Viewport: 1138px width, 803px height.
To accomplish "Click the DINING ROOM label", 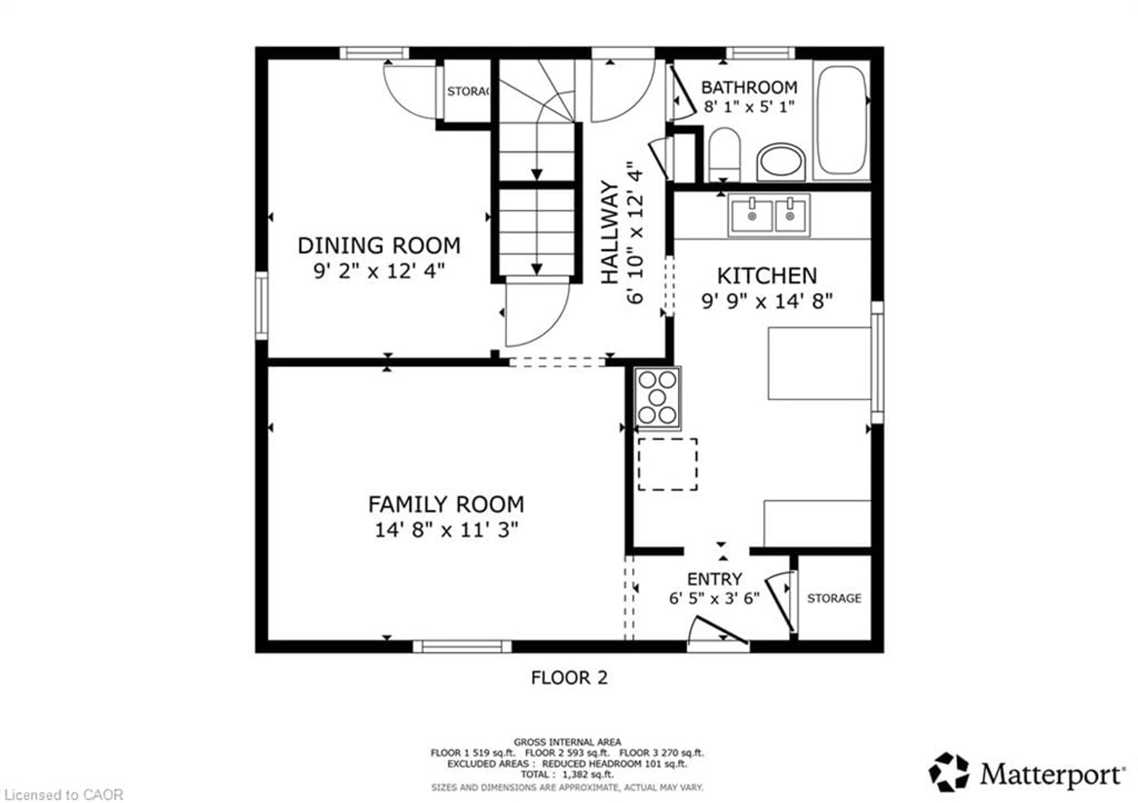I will coord(379,246).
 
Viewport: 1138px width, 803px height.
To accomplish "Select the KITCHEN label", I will coord(767,276).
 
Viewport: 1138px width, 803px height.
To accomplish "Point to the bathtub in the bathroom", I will coord(841,120).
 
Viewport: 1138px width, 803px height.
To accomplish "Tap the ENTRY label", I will coord(714,578).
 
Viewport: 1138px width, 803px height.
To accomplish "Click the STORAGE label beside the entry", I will coord(834,598).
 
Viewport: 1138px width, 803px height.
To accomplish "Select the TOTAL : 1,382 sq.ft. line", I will coord(567,774).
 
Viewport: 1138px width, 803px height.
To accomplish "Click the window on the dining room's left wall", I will coord(262,306).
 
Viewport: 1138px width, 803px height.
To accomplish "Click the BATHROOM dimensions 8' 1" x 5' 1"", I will coord(749,107).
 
